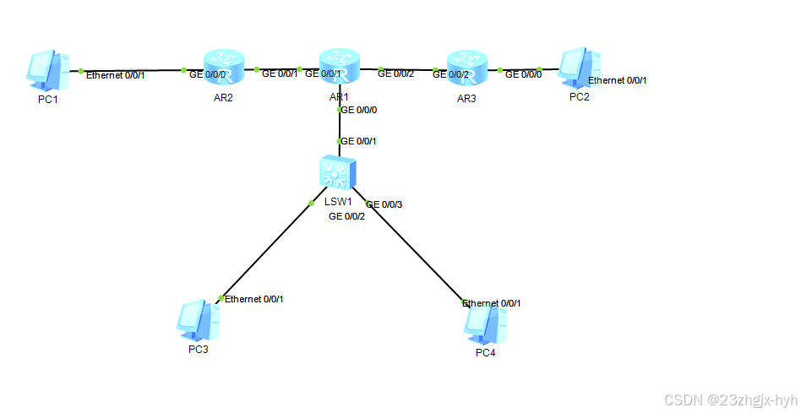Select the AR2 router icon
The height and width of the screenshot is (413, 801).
[224, 66]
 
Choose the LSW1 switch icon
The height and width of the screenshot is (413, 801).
[338, 173]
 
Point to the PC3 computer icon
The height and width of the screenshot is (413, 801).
[196, 320]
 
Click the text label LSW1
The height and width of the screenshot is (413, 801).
[337, 202]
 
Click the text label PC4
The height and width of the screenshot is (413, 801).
[485, 352]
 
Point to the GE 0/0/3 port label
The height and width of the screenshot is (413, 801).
[384, 204]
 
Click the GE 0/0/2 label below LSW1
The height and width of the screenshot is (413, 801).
[346, 217]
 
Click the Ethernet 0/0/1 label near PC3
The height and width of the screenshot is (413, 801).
[254, 298]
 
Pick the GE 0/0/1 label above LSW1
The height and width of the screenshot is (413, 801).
[357, 141]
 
